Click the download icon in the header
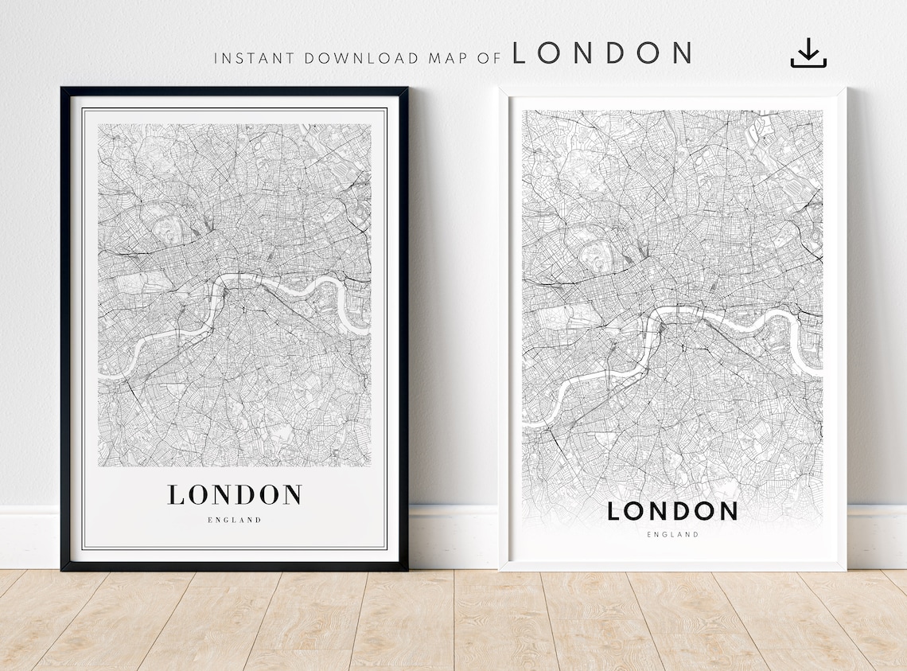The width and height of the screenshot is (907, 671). click(808, 53)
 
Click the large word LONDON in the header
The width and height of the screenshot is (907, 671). click(601, 53)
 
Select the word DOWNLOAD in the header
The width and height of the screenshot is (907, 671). click(355, 58)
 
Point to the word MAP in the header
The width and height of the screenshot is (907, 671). click(442, 58)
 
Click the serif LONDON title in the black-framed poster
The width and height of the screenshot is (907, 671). click(235, 494)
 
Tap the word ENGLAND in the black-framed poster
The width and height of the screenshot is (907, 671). click(235, 520)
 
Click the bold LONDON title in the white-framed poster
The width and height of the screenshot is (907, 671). click(672, 511)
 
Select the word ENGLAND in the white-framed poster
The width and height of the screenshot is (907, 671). click(672, 535)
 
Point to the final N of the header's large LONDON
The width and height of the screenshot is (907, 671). click(680, 53)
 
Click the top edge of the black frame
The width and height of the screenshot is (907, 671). click(235, 91)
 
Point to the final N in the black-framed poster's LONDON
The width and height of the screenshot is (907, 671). click(292, 494)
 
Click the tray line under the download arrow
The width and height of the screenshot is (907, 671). click(808, 65)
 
